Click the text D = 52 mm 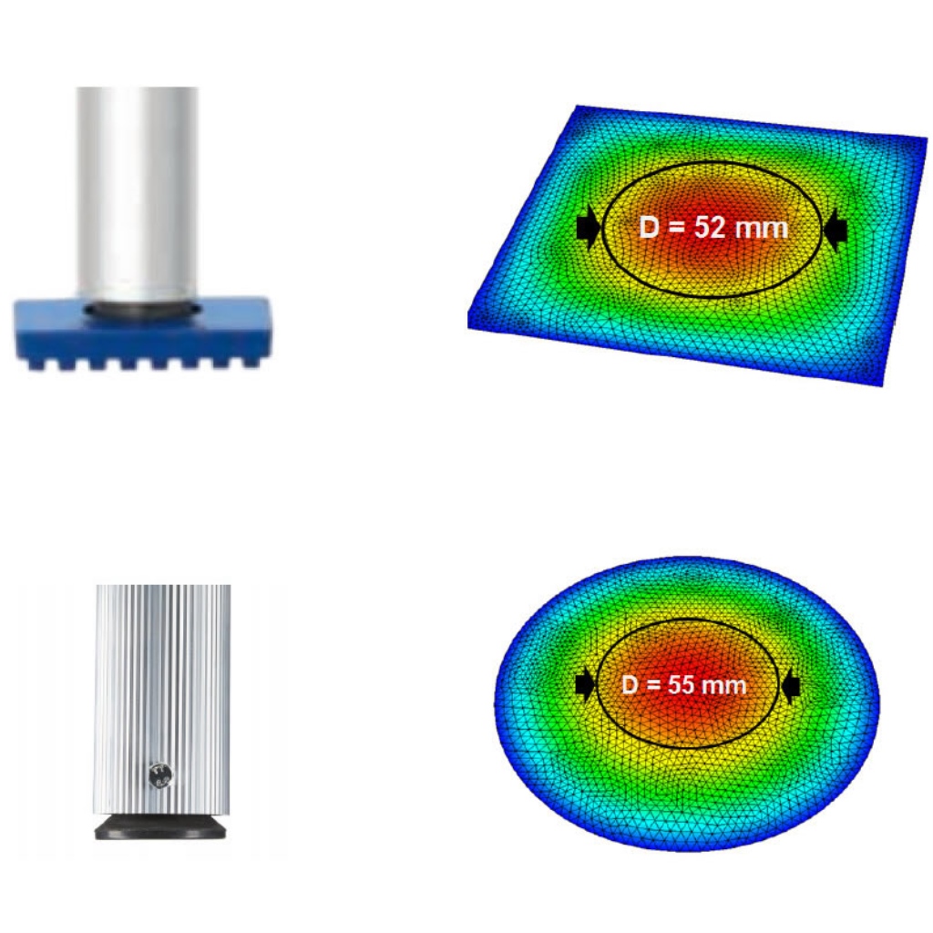(713, 227)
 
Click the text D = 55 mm (683, 685)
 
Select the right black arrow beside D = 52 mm (835, 229)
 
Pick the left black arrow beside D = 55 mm (585, 685)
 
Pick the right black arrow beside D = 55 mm (790, 687)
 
